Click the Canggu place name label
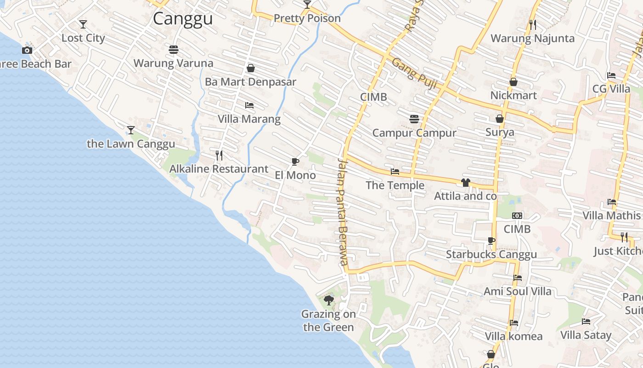coord(183,19)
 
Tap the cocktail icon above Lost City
coord(83,24)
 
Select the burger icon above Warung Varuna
coord(174,49)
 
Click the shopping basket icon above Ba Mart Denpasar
coord(251,68)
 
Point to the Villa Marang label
coord(249,119)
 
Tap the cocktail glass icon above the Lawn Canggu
coord(131,130)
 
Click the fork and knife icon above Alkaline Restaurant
coord(219,155)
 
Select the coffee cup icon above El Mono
coord(295,161)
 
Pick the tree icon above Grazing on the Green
coord(328,300)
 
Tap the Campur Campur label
coord(414,133)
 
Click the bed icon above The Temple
coord(395,172)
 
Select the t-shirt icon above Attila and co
coord(466,183)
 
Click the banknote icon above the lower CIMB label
coord(517,216)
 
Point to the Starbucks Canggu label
coord(491,254)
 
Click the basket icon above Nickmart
coord(513,82)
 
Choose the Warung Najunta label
coord(533,38)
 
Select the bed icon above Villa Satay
coord(586,322)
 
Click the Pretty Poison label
coord(307,18)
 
